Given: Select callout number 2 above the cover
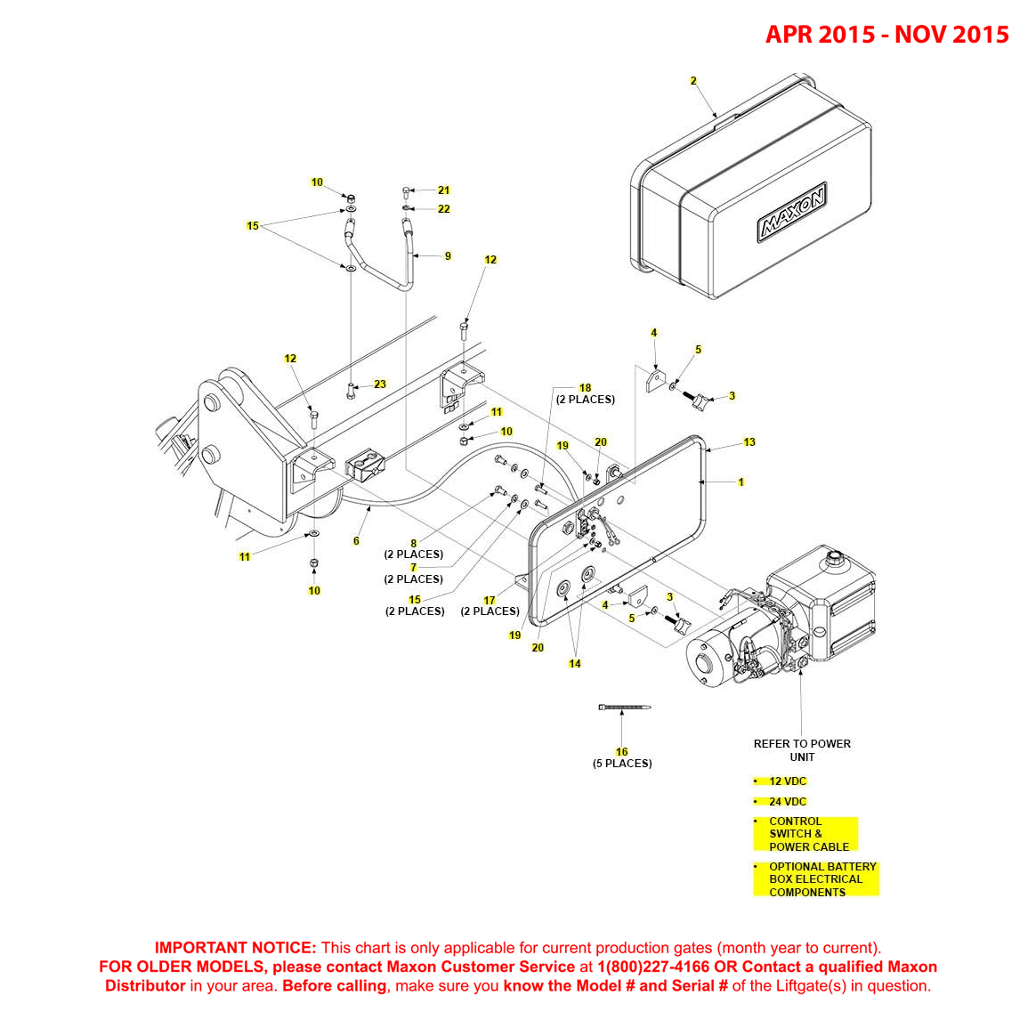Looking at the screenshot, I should click(x=693, y=81).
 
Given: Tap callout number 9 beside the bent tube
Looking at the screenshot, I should click(x=448, y=256).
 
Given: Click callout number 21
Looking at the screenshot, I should click(x=443, y=190).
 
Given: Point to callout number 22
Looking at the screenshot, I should click(x=443, y=209).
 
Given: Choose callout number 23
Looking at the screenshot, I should click(x=380, y=384).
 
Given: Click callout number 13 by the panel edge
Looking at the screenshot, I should click(x=749, y=442).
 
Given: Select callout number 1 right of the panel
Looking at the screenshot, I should click(x=741, y=482).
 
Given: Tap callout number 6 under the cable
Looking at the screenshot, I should click(x=356, y=541).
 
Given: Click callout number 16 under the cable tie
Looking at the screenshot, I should click(x=621, y=752).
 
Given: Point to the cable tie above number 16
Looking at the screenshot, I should click(x=624, y=708).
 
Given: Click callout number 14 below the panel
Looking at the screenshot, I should click(x=575, y=664).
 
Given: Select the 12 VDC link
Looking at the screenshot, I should click(x=787, y=781).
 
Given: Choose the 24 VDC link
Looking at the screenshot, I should click(x=787, y=802).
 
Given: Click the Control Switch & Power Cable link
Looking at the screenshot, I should click(x=807, y=834).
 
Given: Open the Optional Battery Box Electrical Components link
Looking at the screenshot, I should click(x=822, y=879).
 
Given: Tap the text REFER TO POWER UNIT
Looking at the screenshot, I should click(x=802, y=750).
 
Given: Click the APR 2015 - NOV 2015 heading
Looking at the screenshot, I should click(x=886, y=35).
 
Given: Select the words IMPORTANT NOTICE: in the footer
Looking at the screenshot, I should click(x=235, y=948).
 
